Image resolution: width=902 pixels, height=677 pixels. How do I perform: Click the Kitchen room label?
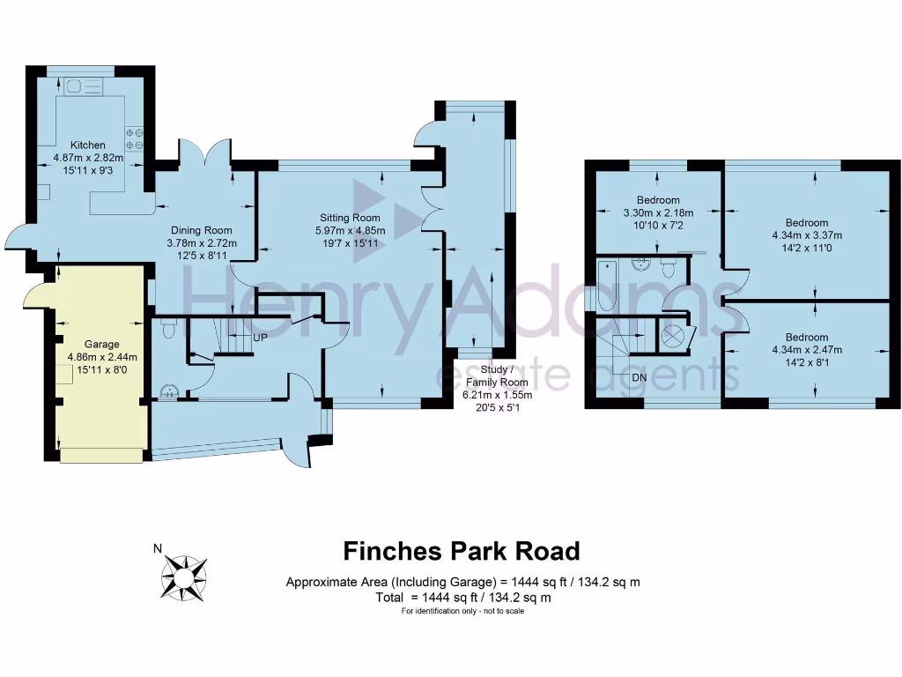point(88,145)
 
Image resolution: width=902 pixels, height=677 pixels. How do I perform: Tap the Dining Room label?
point(202,230)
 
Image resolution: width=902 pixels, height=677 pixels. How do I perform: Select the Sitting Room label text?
point(350,218)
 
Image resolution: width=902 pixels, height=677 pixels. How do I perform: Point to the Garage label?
point(101,344)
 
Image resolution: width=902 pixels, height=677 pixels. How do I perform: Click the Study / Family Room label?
point(495,376)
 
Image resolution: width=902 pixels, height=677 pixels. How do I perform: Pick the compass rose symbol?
point(185,576)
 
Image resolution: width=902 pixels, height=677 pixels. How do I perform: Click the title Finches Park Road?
point(462,552)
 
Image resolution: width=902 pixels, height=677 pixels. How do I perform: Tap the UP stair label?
point(260,338)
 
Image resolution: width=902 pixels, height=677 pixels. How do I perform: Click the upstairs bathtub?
point(606,286)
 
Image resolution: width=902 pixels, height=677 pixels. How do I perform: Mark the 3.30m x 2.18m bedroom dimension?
point(659,212)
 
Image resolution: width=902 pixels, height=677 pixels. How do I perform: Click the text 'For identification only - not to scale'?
point(462,612)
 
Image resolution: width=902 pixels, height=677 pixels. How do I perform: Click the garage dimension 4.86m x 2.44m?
point(101,357)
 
